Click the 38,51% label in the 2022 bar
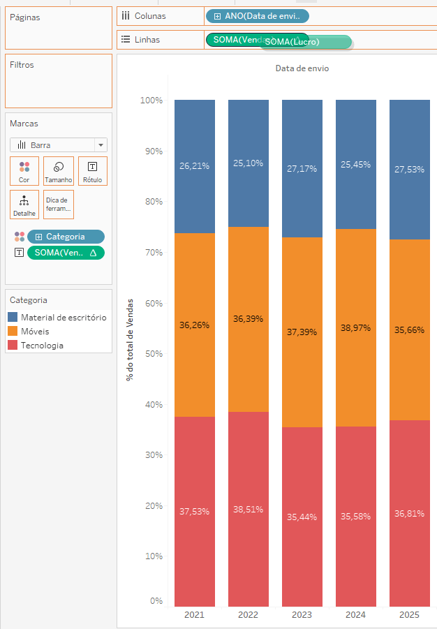(248, 510)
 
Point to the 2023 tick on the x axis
(302, 615)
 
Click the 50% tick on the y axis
(151, 354)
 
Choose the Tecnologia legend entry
(42, 346)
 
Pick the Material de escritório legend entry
(63, 318)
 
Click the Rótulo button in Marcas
(92, 171)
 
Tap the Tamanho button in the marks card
(59, 171)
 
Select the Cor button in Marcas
(24, 171)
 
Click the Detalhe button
(24, 205)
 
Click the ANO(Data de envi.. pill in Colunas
(257, 16)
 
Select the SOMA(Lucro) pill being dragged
(305, 43)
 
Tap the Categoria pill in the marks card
(66, 237)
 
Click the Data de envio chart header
(302, 68)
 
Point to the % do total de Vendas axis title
(130, 349)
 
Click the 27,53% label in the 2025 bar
(409, 170)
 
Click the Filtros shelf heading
(22, 65)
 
